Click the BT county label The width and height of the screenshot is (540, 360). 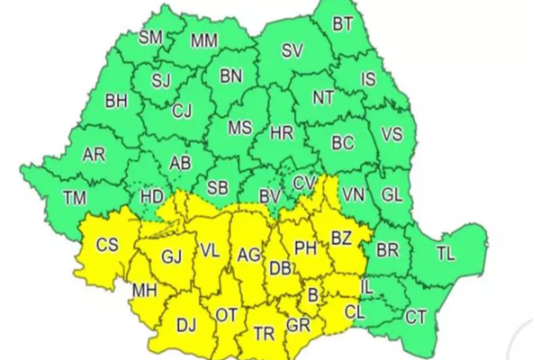coord(343,24)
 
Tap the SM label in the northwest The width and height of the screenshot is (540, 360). coord(151,37)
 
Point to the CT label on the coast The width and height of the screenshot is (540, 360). coord(416,316)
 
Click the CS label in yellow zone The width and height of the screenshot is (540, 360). coord(106,245)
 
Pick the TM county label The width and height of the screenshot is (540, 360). coord(76,197)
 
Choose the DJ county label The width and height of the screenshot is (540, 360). coord(186,326)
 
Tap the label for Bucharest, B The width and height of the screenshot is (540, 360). coord(313,295)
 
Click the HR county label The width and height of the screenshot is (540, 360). coord(283,133)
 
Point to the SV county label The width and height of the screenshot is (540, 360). coord(292,51)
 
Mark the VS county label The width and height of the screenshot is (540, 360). coord(392,134)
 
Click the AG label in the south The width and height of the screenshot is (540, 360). coord(248,256)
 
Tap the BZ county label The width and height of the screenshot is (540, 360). coord(341,238)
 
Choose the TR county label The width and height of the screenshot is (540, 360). coord(264,334)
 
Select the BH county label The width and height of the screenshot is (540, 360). coord(117,101)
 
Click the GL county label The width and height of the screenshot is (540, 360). coord(392,194)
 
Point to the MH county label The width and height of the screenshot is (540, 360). coord(142,292)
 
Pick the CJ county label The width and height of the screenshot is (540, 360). coord(183,111)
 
